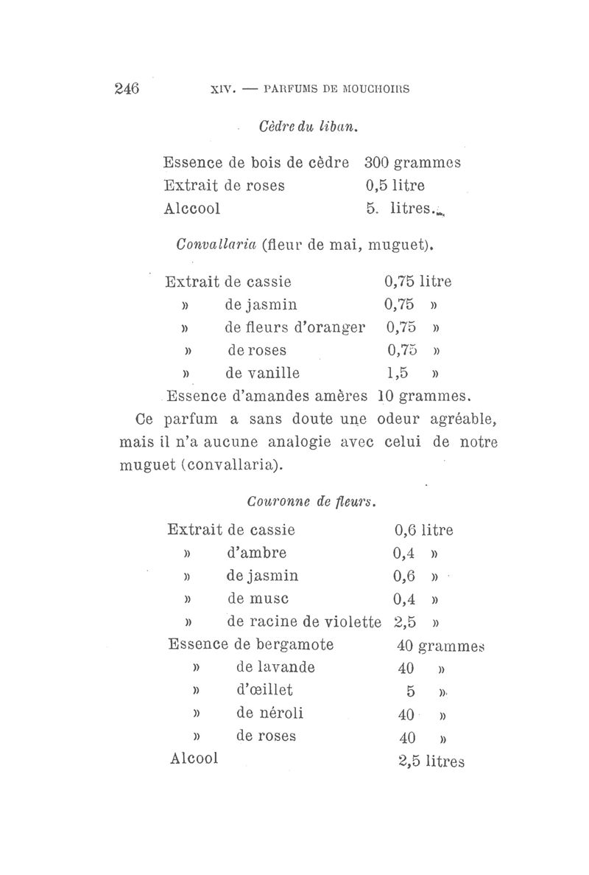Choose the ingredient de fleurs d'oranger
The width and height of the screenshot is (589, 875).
tap(294, 326)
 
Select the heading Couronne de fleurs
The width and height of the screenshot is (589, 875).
tap(312, 503)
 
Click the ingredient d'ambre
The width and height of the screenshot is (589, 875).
tap(258, 553)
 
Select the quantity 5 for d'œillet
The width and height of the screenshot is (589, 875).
tap(411, 691)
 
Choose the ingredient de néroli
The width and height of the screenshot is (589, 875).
tap(269, 713)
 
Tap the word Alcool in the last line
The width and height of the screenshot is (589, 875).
tap(194, 758)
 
